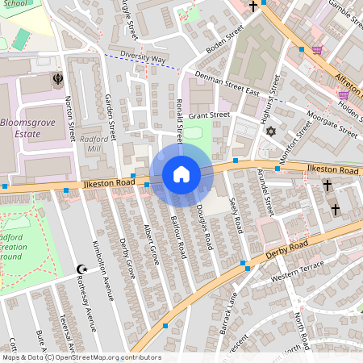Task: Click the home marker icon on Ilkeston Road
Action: click(x=181, y=174)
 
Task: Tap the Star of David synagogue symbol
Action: click(x=271, y=131)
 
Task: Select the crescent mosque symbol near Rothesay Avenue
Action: click(x=80, y=269)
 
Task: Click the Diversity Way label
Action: click(x=142, y=59)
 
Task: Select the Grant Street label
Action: click(x=209, y=115)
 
